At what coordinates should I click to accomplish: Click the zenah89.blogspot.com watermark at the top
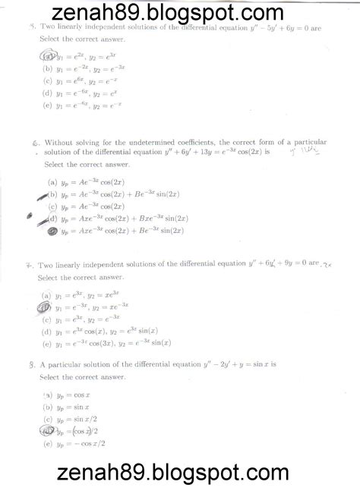point(179,13)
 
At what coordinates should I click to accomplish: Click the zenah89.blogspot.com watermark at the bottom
point(179,474)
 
